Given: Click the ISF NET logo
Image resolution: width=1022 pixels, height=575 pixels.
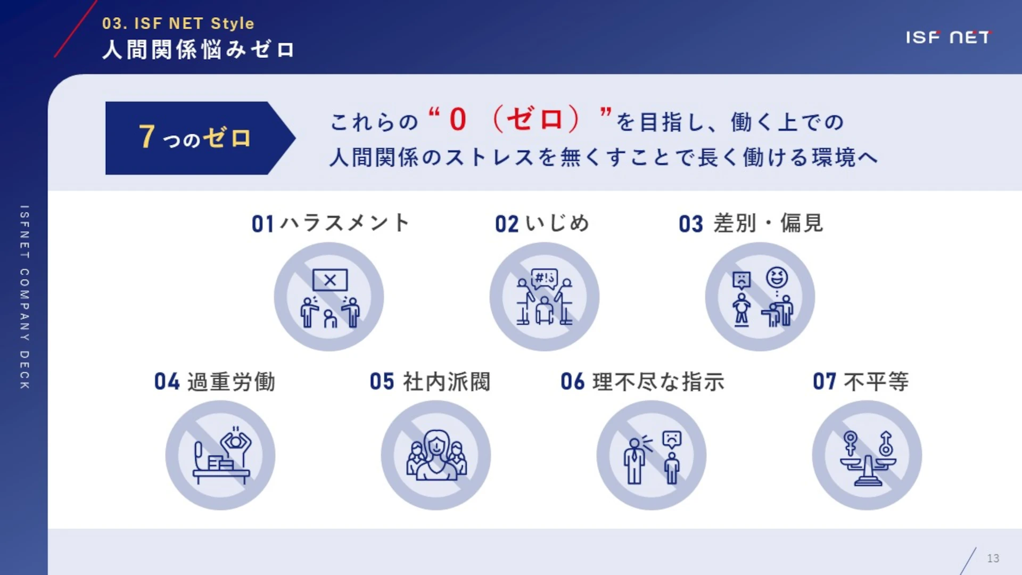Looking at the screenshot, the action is point(948,37).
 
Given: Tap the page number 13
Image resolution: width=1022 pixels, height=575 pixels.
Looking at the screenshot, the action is point(993,558).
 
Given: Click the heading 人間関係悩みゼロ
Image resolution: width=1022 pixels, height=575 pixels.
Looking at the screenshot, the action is point(198,50).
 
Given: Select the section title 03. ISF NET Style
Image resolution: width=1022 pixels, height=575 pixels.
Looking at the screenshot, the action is point(178,23).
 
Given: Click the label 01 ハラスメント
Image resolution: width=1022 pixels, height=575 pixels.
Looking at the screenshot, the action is point(330,223).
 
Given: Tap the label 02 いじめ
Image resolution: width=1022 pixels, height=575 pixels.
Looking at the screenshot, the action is point(542,224).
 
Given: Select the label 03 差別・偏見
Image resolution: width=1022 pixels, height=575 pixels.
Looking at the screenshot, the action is point(751,224).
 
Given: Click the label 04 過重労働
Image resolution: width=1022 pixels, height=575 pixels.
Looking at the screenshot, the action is point(215,382).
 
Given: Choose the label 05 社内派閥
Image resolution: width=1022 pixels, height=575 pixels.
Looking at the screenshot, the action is point(430,382).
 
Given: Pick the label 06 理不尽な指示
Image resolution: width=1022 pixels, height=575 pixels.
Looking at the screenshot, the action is point(642,382).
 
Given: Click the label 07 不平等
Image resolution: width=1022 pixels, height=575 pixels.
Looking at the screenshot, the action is point(861,382).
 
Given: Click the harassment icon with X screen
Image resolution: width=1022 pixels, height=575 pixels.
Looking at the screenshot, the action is point(329,297).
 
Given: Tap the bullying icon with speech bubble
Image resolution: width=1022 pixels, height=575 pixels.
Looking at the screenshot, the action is point(545,297).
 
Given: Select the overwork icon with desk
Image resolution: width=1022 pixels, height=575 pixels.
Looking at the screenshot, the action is point(220,455).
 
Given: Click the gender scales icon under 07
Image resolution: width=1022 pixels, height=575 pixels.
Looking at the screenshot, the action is point(867,455).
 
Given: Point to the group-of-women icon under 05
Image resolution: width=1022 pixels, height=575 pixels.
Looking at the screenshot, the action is point(436,455).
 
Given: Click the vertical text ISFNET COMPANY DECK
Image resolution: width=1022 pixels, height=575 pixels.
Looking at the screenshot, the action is point(24,297).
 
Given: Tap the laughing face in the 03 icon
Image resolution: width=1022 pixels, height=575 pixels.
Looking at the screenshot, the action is point(777,277).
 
